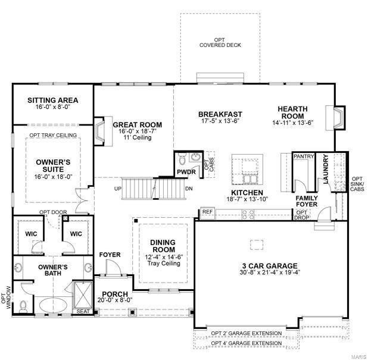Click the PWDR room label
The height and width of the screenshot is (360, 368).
pos(182,173)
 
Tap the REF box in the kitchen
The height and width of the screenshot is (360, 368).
pos(207,211)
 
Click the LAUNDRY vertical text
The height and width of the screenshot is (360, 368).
pos(326,169)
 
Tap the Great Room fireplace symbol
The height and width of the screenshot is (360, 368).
pos(100,130)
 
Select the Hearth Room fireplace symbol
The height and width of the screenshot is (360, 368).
pos(338,117)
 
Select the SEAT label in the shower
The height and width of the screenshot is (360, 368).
pos(82,311)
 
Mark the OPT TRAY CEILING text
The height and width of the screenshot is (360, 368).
pos(52,135)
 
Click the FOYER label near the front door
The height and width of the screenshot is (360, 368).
pos(110,255)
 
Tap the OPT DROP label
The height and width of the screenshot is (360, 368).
pos(302,215)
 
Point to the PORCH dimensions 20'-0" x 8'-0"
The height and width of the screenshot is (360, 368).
pos(117,300)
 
